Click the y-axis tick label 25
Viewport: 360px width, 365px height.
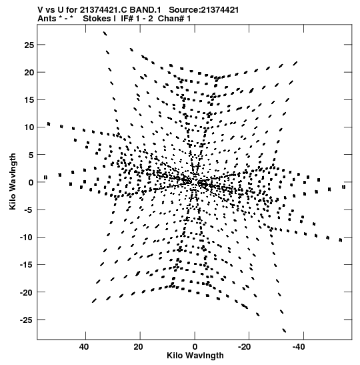coord(29,45)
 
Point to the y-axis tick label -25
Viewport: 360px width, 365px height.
coord(27,320)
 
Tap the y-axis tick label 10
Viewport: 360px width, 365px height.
coord(29,127)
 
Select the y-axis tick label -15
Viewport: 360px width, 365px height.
coord(27,265)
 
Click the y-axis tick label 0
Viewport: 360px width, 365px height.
coord(31,183)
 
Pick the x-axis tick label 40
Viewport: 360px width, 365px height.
coord(84,347)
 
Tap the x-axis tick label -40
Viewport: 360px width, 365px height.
coord(299,347)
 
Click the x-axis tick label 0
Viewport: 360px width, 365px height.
coord(195,347)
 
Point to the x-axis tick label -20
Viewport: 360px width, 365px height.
coord(244,347)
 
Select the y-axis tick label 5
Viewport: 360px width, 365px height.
coord(31,155)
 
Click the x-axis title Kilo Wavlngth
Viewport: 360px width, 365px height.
coord(195,356)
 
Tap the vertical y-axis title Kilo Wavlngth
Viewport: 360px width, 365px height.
coord(13,181)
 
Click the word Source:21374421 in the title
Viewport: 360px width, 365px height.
coord(204,10)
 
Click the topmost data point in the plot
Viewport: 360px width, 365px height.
coord(105,33)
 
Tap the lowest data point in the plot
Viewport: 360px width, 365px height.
coord(284,330)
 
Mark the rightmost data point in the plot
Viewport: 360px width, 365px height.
coord(344,187)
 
